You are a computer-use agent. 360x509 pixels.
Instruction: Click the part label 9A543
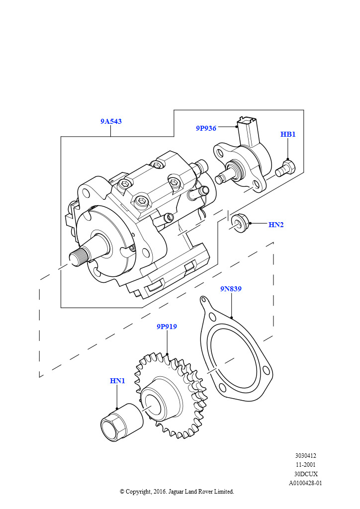click(111, 121)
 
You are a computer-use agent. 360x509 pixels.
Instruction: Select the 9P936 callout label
click(206, 128)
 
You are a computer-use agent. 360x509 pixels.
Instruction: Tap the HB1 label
click(288, 134)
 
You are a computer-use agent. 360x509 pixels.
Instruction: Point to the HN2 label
click(276, 225)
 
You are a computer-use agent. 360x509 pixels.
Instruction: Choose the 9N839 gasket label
click(231, 289)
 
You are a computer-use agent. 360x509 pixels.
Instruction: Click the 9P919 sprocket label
click(167, 326)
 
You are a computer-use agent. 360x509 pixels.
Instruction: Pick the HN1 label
click(117, 380)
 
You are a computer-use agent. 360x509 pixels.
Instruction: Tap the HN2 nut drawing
click(241, 223)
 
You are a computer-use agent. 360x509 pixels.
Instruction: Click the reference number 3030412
click(306, 456)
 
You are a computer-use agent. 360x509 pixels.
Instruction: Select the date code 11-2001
click(305, 465)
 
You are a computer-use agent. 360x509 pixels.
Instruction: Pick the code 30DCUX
click(306, 474)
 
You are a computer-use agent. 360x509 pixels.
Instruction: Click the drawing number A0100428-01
click(305, 483)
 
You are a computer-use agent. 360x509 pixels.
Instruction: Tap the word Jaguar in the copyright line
click(176, 492)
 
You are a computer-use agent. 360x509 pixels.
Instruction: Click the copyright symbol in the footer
click(122, 492)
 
